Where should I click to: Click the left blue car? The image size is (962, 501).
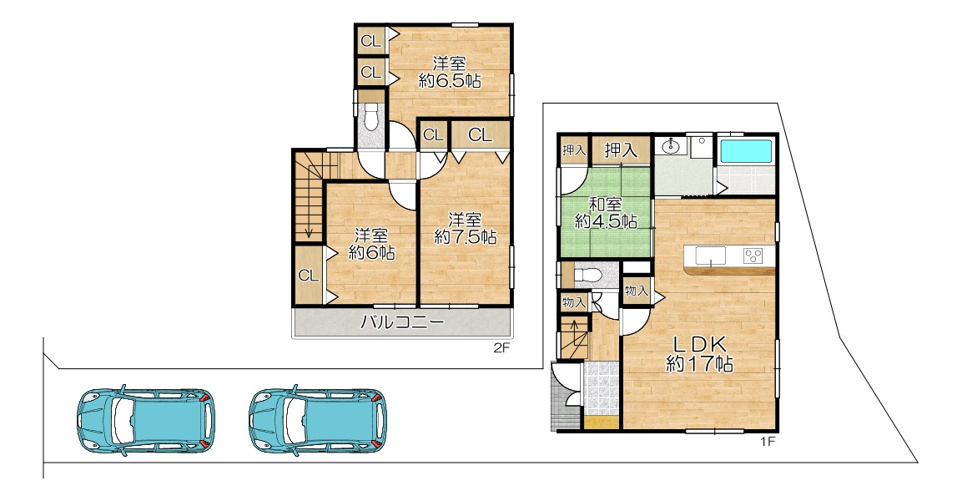tap(146, 422)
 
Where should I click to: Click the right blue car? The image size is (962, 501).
tap(318, 422)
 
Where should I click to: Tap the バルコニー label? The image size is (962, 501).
tap(402, 321)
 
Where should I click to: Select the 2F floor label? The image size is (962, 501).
tap(502, 348)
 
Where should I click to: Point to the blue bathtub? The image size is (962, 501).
tap(745, 152)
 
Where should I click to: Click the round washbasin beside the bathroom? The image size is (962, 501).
tap(670, 146)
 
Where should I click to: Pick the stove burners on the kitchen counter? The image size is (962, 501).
tap(753, 256)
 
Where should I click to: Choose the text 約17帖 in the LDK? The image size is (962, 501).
tap(699, 364)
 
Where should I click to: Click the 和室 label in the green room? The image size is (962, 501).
tap(606, 204)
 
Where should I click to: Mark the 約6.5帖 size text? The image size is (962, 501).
tap(450, 80)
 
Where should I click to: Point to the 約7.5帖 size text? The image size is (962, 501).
tap(465, 237)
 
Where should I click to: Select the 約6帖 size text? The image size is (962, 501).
tap(372, 251)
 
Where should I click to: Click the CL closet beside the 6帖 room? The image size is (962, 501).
tap(308, 276)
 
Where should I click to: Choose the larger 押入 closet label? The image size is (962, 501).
tap(620, 149)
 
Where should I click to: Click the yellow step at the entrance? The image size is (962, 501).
tap(602, 423)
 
